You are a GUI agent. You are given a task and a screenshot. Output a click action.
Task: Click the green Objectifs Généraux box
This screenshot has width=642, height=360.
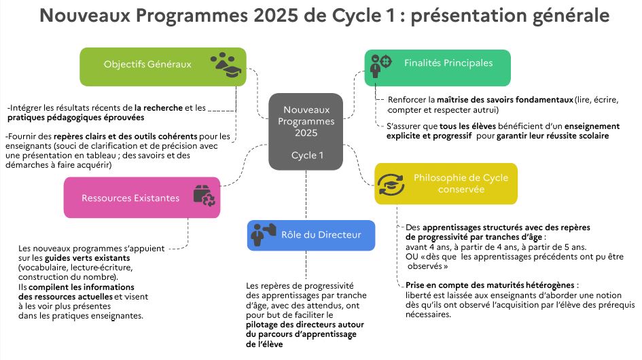(163, 67)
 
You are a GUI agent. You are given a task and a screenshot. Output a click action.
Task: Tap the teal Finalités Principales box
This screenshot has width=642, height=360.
(438, 67)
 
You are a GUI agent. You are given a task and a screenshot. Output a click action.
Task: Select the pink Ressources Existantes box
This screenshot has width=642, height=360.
(142, 198)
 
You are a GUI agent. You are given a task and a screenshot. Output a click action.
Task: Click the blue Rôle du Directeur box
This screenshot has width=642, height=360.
(310, 235)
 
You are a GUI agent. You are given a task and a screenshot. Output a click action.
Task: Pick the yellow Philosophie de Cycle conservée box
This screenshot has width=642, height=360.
(446, 183)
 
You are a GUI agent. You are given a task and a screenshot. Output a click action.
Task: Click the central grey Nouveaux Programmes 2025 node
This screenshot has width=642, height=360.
(306, 132)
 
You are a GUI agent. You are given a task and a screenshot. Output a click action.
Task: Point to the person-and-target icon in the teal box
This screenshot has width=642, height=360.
(380, 65)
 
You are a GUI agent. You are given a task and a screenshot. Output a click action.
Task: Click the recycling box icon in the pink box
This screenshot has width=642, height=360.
(204, 196)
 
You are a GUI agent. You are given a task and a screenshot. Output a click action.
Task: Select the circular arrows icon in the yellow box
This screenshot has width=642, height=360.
(391, 184)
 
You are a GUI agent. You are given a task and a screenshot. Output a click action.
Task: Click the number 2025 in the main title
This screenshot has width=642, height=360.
(276, 16)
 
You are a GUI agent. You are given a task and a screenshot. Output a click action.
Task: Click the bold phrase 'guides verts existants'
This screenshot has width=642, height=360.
(87, 258)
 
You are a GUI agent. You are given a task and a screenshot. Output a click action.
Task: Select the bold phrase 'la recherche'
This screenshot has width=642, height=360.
(158, 108)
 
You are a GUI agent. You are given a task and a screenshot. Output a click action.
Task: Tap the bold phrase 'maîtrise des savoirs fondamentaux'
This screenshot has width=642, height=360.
(505, 100)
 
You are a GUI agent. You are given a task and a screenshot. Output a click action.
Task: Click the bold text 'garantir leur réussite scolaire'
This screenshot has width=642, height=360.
(553, 136)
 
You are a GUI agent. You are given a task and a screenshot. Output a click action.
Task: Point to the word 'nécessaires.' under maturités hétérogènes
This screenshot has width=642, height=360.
(428, 314)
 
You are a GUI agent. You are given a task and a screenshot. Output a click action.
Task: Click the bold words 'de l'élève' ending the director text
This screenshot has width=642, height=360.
(264, 344)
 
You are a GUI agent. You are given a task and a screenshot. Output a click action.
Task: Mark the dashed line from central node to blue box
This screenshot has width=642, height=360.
(306, 195)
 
